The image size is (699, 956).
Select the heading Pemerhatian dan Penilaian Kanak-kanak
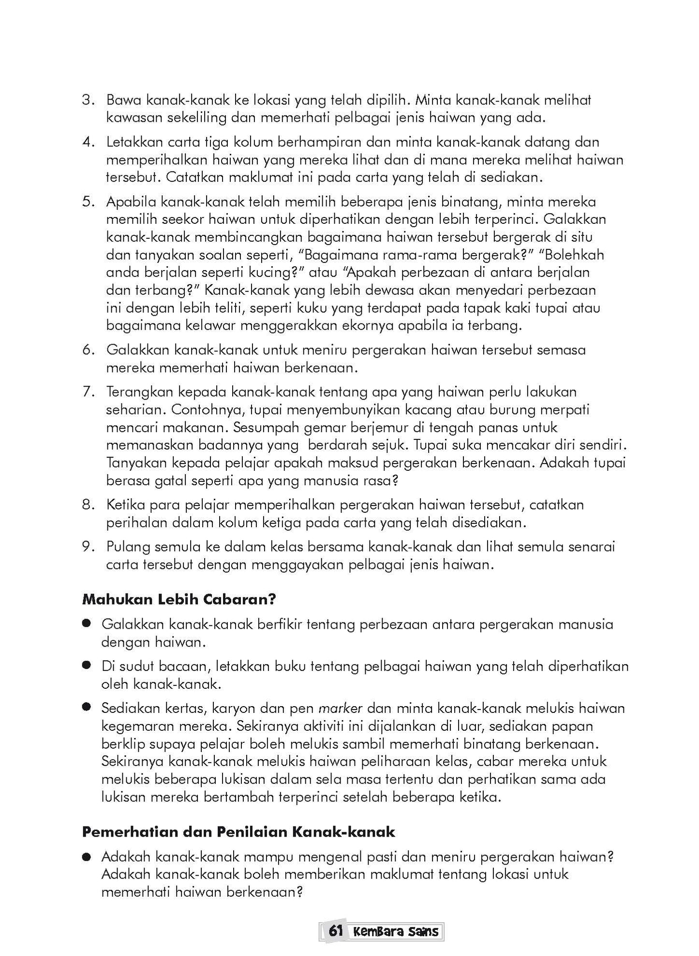(x=238, y=832)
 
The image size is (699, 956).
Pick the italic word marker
(x=341, y=709)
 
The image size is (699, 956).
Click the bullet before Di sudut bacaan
(x=87, y=666)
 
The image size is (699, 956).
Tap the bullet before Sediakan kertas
(x=87, y=708)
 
